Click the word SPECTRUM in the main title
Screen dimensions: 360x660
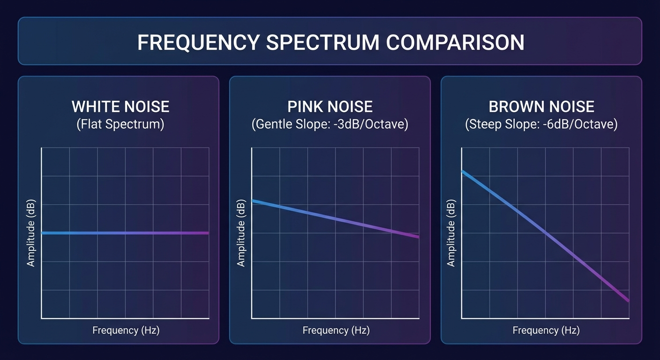coord(323,43)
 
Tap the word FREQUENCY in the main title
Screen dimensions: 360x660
coord(199,43)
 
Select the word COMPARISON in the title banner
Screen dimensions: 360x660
coord(455,43)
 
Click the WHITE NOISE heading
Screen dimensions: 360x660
coord(120,107)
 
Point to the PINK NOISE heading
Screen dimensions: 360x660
coord(330,107)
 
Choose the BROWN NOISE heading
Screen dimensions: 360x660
coord(541,107)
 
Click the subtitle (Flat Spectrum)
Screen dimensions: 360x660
coord(120,125)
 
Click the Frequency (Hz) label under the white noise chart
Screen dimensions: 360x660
coord(126,330)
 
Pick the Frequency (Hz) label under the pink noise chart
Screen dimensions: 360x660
coord(336,330)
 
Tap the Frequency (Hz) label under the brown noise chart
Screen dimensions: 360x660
coord(546,330)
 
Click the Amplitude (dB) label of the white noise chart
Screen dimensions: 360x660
coord(31,233)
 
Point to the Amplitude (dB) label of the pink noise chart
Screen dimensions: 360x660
coord(241,233)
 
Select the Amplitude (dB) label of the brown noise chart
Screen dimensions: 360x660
coord(451,233)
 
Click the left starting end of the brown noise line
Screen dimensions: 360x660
coord(463,172)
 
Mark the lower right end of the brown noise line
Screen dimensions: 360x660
coord(627,300)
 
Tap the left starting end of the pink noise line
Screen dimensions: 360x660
coord(254,201)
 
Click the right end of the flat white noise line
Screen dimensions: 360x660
coord(208,233)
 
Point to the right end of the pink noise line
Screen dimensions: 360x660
coord(418,237)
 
